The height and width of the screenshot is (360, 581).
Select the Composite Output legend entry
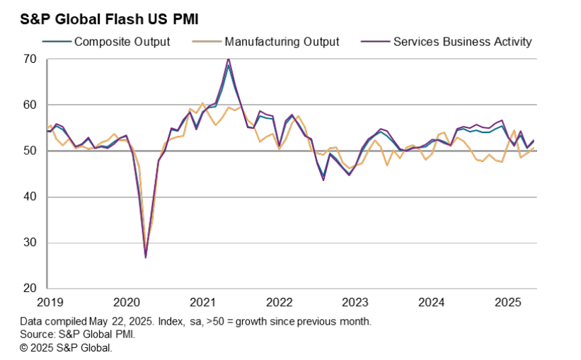point(122,42)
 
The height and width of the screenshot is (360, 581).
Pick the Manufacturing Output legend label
point(281,42)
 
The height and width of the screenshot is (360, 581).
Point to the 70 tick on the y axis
point(29,59)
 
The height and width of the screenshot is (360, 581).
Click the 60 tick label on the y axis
point(29,105)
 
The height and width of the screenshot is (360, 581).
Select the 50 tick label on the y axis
point(29,151)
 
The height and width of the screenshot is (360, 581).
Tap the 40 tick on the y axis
point(29,197)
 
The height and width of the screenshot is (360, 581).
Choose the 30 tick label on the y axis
point(29,243)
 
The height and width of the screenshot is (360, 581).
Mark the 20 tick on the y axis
point(29,289)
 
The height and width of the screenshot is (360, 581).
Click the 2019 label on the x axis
point(50,303)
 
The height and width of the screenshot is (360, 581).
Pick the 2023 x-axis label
point(355,303)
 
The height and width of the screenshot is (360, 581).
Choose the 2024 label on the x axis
point(432,303)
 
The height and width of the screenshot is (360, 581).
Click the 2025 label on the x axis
point(507,303)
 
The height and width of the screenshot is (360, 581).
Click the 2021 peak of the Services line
point(228,59)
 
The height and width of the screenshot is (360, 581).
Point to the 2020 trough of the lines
point(146,256)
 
